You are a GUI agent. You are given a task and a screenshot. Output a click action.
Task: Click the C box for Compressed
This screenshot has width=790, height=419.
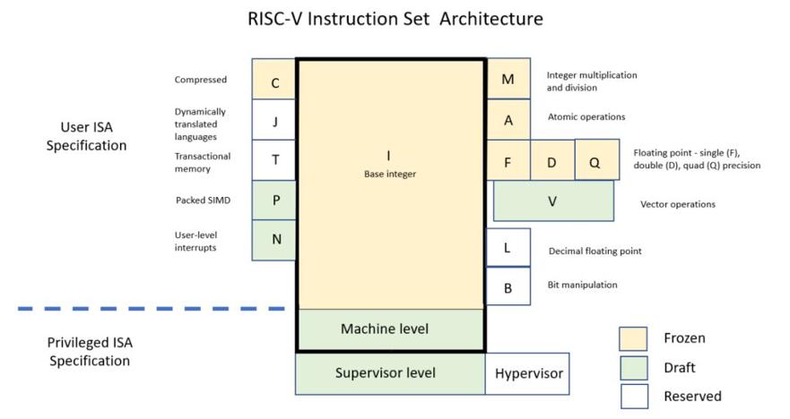[x=274, y=79]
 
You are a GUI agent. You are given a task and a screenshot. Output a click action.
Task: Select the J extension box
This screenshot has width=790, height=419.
[x=274, y=120]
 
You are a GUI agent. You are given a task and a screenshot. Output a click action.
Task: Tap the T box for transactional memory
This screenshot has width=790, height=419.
[x=274, y=160]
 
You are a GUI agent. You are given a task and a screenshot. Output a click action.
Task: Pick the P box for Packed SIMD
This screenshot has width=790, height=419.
[x=274, y=201]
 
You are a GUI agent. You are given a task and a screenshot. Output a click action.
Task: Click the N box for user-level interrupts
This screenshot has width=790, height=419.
[x=274, y=240]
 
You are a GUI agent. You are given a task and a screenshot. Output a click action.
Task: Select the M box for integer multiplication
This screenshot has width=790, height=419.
[x=508, y=79]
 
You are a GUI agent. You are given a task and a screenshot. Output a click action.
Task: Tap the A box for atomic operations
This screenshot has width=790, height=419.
[x=508, y=119]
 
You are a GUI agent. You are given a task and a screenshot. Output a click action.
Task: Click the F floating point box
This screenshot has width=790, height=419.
[x=508, y=160]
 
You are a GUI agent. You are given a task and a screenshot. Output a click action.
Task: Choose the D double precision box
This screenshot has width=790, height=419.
[x=552, y=160]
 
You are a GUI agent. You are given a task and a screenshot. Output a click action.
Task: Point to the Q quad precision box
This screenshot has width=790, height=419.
[x=597, y=159]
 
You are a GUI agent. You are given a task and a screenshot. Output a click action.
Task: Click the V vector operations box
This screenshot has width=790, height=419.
[x=553, y=201]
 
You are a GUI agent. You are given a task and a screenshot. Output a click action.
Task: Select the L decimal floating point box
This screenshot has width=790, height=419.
[x=508, y=247]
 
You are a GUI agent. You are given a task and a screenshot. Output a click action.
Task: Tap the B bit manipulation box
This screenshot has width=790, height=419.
[x=508, y=286]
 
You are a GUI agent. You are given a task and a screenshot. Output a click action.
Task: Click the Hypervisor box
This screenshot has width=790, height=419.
[x=527, y=373]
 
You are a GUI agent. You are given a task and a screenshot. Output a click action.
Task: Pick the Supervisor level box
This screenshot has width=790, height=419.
[x=390, y=373]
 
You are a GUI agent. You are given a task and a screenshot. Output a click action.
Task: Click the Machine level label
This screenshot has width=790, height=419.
[x=385, y=329]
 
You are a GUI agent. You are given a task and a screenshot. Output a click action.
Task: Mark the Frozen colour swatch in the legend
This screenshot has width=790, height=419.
[x=633, y=339]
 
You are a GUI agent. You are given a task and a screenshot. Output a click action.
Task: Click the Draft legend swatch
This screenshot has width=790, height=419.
[x=634, y=368]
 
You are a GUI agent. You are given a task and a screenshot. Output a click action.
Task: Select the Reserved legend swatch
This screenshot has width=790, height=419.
[x=634, y=397]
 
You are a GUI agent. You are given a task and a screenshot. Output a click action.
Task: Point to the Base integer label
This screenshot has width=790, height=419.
[x=390, y=174]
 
